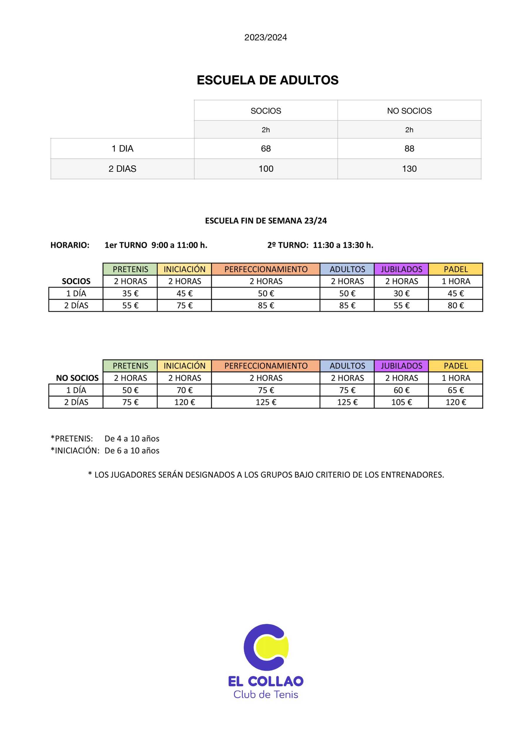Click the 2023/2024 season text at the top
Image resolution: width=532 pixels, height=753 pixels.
click(265, 37)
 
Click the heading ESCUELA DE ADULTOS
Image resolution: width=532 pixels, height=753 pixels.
click(267, 80)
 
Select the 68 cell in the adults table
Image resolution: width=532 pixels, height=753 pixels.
click(266, 149)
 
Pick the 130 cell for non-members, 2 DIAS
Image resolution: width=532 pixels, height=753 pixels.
click(409, 169)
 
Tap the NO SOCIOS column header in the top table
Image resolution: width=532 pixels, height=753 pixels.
click(409, 111)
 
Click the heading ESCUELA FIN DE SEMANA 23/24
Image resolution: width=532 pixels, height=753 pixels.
click(266, 221)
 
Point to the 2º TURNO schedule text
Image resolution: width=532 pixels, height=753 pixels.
click(320, 245)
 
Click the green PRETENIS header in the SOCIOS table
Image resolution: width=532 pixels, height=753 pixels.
click(130, 269)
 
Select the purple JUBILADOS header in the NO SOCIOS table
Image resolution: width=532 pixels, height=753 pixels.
click(401, 366)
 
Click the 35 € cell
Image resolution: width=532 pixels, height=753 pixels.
click(130, 294)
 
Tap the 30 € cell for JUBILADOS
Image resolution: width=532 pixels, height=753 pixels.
click(401, 294)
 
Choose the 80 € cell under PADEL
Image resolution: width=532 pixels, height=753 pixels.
click(456, 306)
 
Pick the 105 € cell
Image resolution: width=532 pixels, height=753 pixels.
click(401, 402)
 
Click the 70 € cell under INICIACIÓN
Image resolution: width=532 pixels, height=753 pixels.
click(185, 390)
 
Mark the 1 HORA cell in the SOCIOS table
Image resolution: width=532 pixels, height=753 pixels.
click(456, 281)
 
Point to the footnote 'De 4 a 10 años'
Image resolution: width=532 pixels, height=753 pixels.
click(132, 439)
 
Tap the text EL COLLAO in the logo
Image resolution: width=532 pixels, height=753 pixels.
click(265, 681)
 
